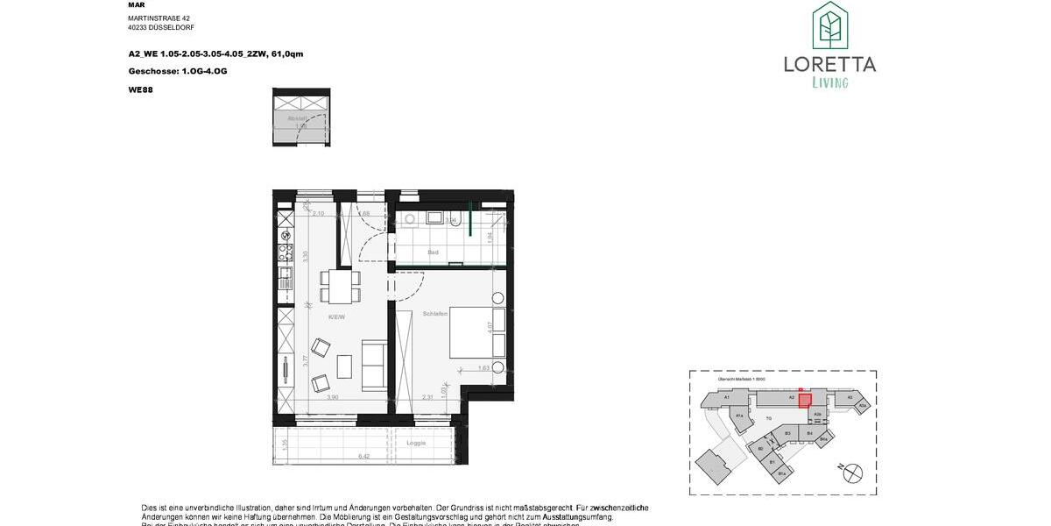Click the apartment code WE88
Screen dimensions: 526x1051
pyautogui.click(x=140, y=89)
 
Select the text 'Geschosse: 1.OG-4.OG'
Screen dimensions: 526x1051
pyautogui.click(x=177, y=71)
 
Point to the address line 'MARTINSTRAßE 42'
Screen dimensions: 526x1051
pyautogui.click(x=159, y=18)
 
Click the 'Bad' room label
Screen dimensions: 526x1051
pyautogui.click(x=433, y=252)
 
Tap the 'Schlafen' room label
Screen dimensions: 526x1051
pyautogui.click(x=435, y=313)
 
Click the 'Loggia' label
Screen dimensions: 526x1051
pyautogui.click(x=416, y=443)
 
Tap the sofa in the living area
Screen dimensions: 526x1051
pyautogui.click(x=374, y=366)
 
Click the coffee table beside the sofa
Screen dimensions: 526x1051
pyautogui.click(x=344, y=366)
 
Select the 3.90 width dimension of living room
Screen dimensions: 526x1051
pyautogui.click(x=333, y=397)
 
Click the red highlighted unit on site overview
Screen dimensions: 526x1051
pyautogui.click(x=804, y=400)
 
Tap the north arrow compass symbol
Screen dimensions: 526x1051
pyautogui.click(x=851, y=473)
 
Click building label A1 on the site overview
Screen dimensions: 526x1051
pyautogui.click(x=727, y=397)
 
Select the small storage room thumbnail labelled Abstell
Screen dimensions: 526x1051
pyautogui.click(x=300, y=118)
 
